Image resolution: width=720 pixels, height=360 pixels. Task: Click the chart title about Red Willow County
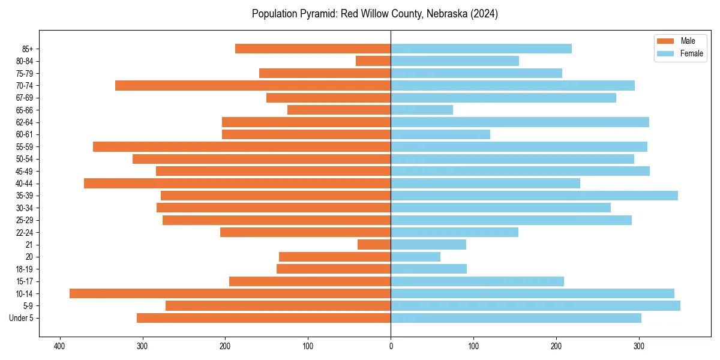coord(374,14)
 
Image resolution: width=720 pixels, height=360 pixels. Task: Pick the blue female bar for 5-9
coord(535,306)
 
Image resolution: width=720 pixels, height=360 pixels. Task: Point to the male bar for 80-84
coord(373,61)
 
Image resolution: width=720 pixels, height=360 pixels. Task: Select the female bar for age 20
coord(415,257)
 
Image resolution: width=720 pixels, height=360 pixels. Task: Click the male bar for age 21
coord(374,245)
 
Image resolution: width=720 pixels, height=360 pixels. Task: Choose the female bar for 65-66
coord(422,110)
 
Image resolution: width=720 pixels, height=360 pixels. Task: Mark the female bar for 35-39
coord(534,196)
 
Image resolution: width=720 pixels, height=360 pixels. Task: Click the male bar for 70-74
coord(253,85)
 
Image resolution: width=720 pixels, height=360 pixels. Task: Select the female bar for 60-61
coord(440,134)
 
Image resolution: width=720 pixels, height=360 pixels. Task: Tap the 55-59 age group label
coord(25,146)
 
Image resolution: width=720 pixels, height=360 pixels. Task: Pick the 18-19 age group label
coord(25,269)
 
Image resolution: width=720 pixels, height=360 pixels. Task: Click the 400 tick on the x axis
coord(59,346)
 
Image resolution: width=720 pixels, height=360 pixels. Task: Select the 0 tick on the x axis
coord(391,346)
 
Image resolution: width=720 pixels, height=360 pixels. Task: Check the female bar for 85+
coord(481,49)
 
